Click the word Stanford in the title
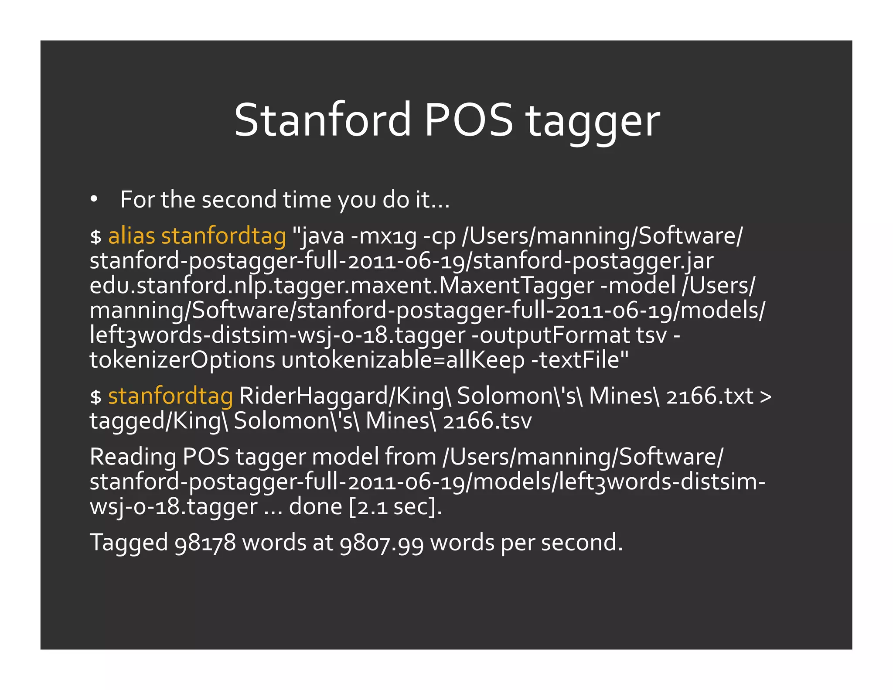tap(322, 120)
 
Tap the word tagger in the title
tap(593, 122)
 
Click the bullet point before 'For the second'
tap(94, 199)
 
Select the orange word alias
tap(131, 236)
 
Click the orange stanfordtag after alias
tap(224, 236)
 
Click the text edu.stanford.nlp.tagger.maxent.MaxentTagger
tap(342, 286)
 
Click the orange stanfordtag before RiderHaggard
tap(170, 396)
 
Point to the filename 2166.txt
tap(710, 396)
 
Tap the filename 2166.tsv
tap(487, 421)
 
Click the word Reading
tap(133, 457)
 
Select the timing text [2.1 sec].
tap(395, 506)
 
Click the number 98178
tap(205, 543)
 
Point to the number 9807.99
tap(382, 543)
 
